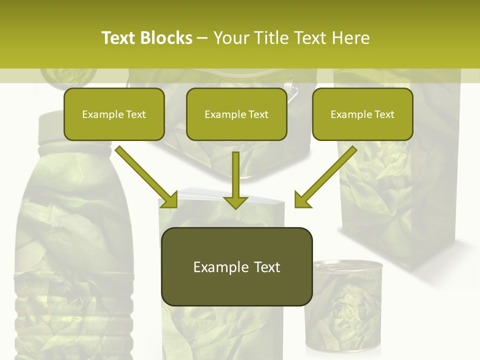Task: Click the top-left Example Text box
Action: [114, 114]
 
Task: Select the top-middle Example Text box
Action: [236, 114]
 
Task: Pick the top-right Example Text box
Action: [362, 114]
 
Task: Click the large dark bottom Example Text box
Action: [236, 267]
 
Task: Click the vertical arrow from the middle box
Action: [235, 175]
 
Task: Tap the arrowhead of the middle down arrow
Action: [235, 202]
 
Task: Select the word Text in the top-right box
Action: [384, 114]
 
